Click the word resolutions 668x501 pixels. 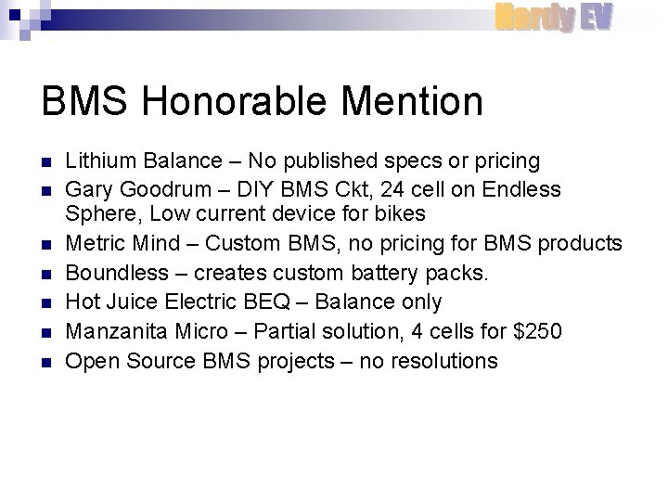point(440,361)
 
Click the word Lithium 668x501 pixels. point(97,161)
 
